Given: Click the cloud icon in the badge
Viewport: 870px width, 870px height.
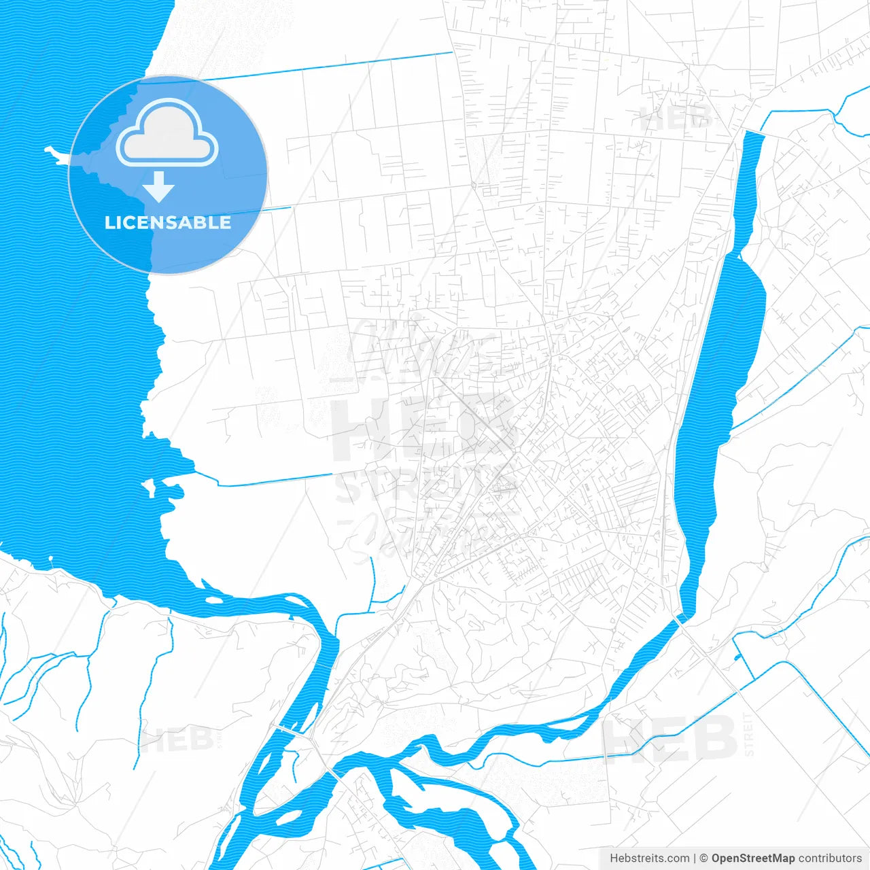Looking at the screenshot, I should point(167,134).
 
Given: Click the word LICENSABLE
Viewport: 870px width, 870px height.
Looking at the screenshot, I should point(167,222).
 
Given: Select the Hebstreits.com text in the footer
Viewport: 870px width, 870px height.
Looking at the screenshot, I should point(649,858).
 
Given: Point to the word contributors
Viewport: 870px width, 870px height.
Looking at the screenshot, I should point(830,858).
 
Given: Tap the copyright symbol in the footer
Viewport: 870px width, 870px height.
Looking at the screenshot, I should point(703,858).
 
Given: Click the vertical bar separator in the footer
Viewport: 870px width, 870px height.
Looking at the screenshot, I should point(695,858).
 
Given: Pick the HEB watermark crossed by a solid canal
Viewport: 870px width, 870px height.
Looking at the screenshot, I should point(669,737).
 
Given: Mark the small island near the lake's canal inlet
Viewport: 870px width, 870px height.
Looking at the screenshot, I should point(148,487).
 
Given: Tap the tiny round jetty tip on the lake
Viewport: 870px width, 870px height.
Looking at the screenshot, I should point(50,559).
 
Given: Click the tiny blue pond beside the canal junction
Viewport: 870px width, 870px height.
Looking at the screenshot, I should point(737,657).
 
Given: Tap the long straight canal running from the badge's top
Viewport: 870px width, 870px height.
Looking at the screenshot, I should point(326,66).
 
